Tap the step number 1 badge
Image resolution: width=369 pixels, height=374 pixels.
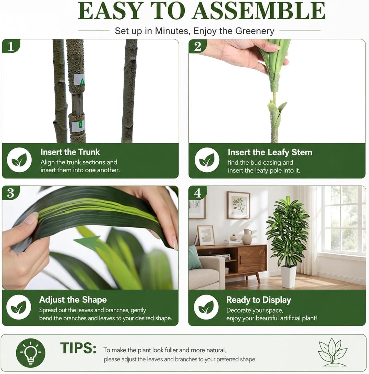pos(11,47)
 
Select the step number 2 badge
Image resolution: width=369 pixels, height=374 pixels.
pos(197,47)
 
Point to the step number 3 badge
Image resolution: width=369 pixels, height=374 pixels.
pos(11,193)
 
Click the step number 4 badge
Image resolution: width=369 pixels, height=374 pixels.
pos(197,193)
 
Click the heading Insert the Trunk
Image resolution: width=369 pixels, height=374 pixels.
pos(70,152)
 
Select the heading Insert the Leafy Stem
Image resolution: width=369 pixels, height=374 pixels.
pos(270,152)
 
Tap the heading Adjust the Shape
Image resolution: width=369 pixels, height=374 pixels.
pos(73,300)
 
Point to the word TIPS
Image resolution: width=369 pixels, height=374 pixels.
pos(78,348)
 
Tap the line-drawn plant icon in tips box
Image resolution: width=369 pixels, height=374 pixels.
pos(332,352)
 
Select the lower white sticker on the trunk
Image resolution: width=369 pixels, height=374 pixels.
pos(79,126)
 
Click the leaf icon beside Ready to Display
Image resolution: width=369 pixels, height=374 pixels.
pos(207,307)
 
